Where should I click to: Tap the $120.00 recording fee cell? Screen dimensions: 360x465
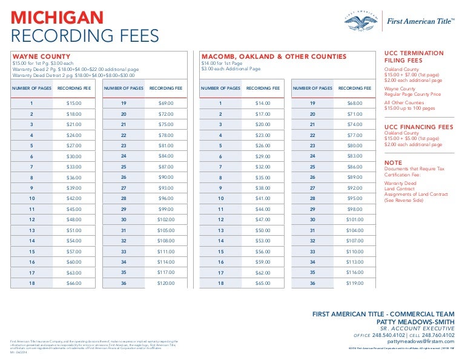166,283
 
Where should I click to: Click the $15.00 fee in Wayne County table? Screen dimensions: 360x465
74,104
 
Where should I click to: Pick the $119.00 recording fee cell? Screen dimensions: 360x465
354,283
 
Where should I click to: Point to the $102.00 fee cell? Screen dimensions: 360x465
166,219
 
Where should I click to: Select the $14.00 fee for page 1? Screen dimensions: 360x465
263,104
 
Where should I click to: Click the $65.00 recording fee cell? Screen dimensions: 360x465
263,283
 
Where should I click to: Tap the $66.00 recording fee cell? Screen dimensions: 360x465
74,283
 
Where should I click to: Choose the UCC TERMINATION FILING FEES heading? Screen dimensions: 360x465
414,57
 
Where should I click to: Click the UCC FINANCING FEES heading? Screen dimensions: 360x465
418,127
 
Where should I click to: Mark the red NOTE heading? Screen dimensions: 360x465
394,163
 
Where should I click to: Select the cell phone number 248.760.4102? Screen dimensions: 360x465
439,335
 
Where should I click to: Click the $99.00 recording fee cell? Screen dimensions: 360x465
166,208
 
